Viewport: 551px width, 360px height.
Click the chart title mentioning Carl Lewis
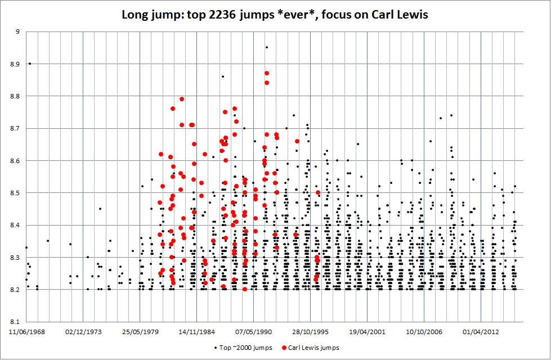275,15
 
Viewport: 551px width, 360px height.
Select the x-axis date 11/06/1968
26,332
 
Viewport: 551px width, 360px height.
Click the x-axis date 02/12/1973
83,332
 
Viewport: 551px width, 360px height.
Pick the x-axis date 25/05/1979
140,332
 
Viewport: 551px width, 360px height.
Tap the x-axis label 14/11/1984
197,332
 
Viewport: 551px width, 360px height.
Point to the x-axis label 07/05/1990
254,332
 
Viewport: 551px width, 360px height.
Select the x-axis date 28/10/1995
311,332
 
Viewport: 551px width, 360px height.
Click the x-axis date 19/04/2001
368,332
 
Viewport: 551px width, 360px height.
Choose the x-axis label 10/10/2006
424,332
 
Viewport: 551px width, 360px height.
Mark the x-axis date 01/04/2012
481,332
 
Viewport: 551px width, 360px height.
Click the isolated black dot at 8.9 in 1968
30,64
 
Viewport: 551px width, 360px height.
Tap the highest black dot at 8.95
267,47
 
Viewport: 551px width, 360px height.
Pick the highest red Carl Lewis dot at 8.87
267,73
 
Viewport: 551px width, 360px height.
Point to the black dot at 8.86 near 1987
223,76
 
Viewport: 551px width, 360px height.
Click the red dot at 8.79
182,99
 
